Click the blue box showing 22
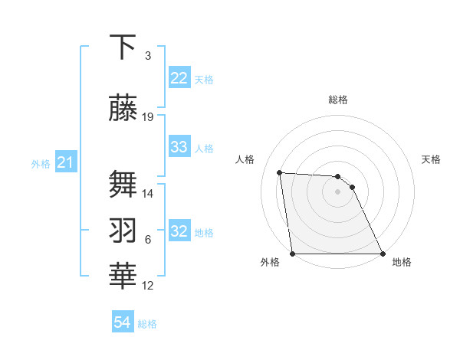pos(179,79)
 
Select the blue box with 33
pos(179,148)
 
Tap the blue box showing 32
pos(179,232)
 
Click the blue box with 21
pos(65,163)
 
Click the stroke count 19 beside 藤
pos(148,117)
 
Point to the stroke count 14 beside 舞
pos(148,194)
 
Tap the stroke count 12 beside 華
pos(148,286)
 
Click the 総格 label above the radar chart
pos(337,100)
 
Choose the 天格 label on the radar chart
pos(432,159)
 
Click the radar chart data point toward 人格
pos(280,172)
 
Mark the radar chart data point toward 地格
pos(383,254)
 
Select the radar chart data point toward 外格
pos(292,254)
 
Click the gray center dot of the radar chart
pos(337,191)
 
